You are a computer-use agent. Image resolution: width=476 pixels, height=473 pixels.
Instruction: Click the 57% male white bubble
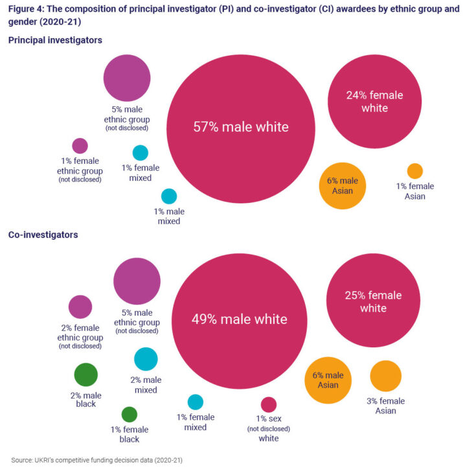pos(241,128)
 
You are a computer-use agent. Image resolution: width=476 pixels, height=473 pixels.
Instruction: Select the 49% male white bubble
pos(239,319)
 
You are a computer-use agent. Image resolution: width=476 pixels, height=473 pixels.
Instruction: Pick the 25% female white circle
pos(373,301)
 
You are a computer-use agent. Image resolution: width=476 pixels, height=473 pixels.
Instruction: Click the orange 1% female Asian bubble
pos(414,171)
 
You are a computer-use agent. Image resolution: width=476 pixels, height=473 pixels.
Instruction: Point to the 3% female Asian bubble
pos(386,376)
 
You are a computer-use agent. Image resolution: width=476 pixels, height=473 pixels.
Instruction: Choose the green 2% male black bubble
pos(85,375)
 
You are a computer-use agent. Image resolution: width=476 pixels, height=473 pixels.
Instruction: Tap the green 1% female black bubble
pos(130,415)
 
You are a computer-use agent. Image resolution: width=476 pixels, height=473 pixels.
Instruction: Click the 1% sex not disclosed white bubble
pos(269,405)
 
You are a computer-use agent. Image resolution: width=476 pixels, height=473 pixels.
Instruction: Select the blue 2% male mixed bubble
pos(146,359)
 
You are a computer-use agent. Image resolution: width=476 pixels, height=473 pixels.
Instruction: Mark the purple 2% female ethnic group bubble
pos(80,307)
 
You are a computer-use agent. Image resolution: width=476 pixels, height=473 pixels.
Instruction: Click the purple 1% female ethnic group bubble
pos(80,146)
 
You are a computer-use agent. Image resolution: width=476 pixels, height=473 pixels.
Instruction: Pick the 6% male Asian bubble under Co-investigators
pos(328,380)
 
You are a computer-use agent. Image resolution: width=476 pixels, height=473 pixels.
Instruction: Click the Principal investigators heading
pos(55,40)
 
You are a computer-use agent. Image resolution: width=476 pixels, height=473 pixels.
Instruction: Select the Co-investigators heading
pos(43,235)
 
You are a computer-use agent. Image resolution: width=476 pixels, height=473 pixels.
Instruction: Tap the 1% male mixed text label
pos(169,216)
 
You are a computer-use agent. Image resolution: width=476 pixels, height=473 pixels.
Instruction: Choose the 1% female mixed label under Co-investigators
pos(195,422)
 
